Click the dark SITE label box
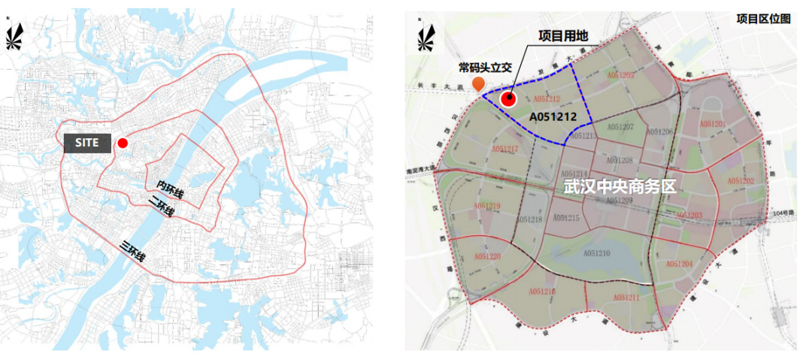click(x=86, y=143)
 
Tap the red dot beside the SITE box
click(x=123, y=143)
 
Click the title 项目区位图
click(x=763, y=19)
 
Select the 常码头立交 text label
click(x=485, y=67)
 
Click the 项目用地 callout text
click(x=564, y=35)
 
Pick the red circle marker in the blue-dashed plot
click(x=509, y=98)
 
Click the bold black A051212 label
click(x=553, y=117)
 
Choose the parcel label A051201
click(x=712, y=124)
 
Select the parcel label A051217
click(x=505, y=150)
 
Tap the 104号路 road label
click(x=783, y=214)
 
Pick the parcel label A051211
click(x=626, y=298)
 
